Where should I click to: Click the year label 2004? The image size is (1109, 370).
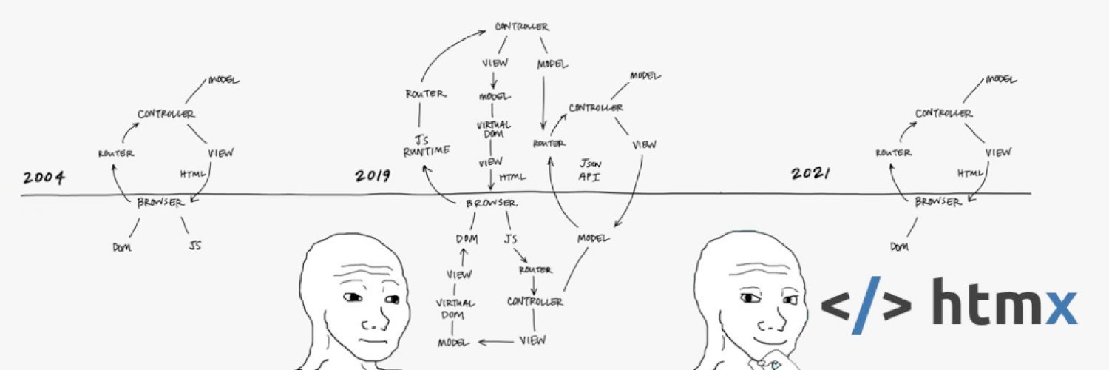44,178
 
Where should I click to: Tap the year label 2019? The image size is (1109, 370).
373,176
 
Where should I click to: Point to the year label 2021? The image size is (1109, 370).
810,174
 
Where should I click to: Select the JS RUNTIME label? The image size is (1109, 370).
422,145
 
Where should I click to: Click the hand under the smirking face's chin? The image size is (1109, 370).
769,363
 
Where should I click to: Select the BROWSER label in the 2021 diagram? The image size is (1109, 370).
938,201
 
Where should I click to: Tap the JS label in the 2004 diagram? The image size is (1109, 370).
195,246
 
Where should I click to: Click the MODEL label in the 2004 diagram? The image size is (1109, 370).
224,80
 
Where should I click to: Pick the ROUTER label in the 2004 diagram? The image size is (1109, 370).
115,153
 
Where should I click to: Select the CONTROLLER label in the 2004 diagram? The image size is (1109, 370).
166,114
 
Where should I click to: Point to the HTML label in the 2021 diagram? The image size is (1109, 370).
971,173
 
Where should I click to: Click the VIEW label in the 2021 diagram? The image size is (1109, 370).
998,152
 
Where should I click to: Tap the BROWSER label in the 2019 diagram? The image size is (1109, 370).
492,203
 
